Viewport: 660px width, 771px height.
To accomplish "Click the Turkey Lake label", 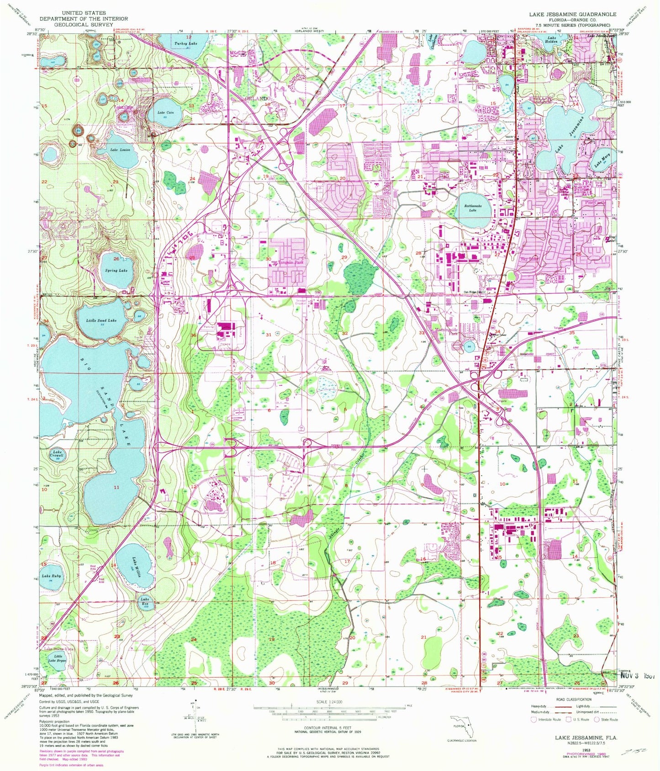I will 186,43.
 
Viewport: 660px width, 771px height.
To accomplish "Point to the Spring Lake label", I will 116,271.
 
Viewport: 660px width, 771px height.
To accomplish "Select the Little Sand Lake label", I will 101,320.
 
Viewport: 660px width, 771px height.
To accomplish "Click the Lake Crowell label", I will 57,454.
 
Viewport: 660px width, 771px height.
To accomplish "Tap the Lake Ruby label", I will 51,577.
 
